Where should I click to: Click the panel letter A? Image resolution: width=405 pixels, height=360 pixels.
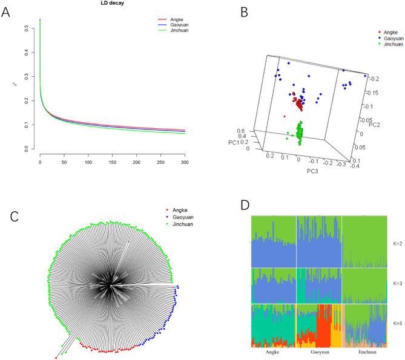(8, 11)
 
